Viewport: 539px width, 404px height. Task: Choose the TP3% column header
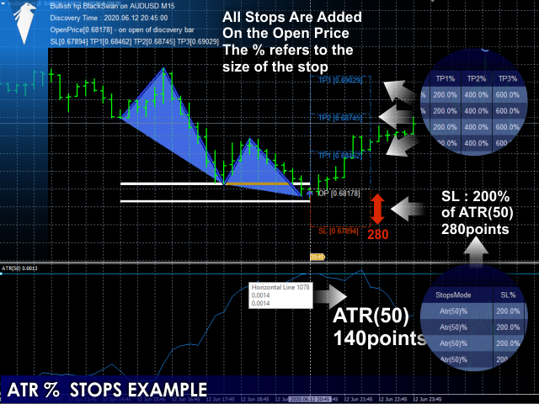[507, 78]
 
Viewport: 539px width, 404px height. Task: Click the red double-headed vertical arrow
[377, 209]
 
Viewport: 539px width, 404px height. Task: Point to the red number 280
[378, 235]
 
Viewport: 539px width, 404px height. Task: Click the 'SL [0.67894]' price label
[338, 230]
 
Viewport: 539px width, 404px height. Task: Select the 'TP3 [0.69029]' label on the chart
[339, 80]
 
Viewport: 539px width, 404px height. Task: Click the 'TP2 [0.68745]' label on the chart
[339, 119]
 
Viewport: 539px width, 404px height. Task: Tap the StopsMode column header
[453, 296]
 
